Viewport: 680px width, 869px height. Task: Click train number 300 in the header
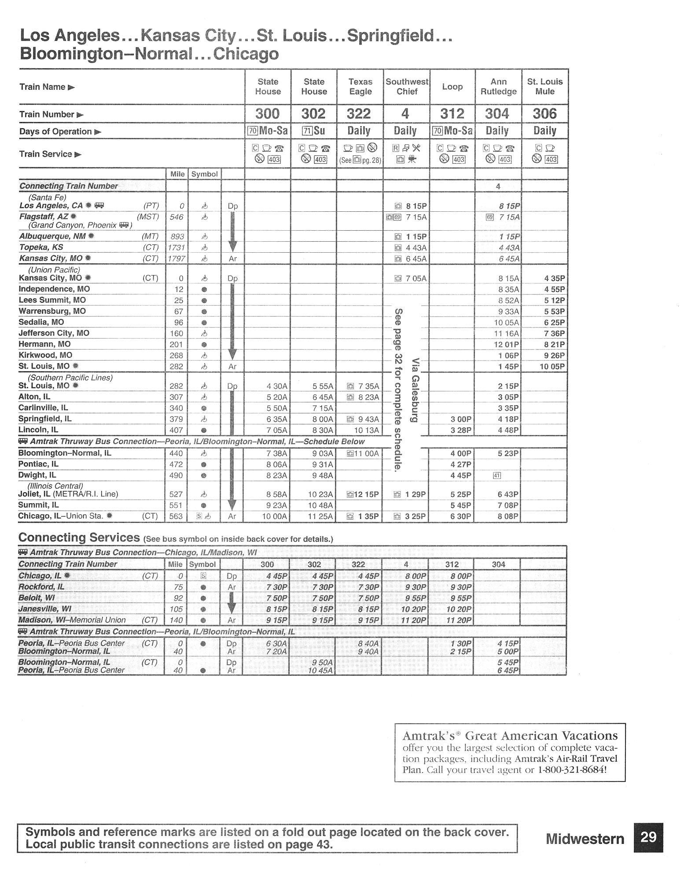267,114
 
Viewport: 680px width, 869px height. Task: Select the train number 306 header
544,114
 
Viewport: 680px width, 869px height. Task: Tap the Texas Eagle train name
360,87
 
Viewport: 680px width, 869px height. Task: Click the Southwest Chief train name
407,87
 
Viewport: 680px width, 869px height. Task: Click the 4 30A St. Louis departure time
277,386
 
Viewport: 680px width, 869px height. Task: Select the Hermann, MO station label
44,344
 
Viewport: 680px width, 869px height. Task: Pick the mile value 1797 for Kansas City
176,258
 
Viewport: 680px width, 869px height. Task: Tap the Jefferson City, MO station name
54,333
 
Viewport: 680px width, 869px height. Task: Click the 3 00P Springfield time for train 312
460,419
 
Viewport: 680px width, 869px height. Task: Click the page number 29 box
648,837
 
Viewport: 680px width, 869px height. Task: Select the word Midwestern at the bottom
585,839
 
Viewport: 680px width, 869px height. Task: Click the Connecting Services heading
79,538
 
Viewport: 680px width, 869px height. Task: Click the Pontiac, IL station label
38,464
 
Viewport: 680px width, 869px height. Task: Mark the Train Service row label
46,154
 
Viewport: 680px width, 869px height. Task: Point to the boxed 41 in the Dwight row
497,475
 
